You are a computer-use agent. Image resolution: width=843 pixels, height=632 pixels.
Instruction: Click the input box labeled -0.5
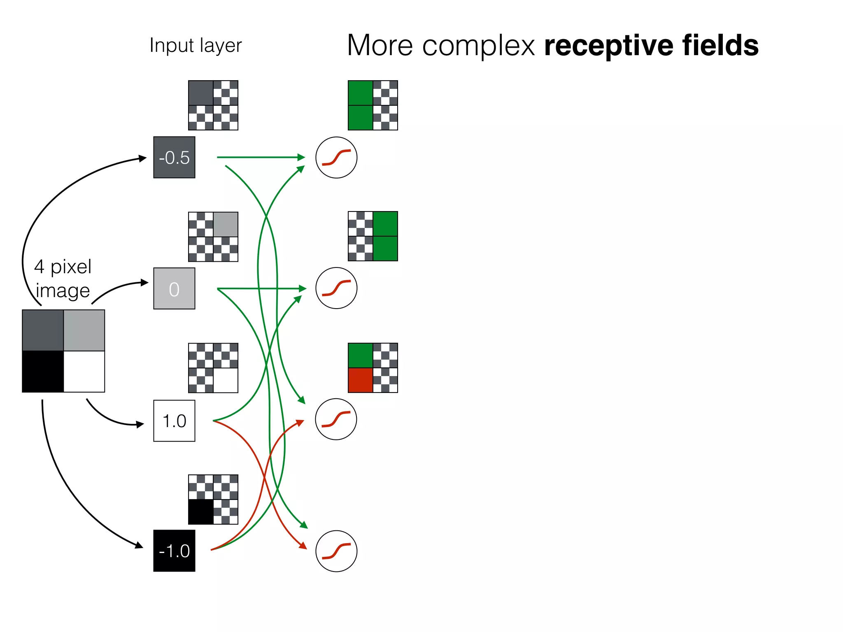(174, 157)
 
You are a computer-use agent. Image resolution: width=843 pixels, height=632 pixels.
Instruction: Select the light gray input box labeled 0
(174, 288)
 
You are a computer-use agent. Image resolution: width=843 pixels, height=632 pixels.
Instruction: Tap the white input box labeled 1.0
(174, 421)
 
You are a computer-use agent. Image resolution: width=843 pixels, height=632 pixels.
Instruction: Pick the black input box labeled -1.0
(174, 551)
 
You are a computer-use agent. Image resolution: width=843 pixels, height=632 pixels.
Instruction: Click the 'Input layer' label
(196, 45)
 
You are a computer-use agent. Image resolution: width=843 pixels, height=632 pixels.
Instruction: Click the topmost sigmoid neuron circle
(336, 158)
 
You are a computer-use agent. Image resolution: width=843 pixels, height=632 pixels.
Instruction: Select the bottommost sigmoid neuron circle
(336, 551)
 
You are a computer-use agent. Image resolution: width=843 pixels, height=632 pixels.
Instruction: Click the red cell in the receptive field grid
(360, 380)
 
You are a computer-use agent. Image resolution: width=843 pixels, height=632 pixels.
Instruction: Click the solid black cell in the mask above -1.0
(200, 512)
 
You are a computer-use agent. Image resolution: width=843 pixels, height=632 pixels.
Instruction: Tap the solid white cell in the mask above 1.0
(226, 380)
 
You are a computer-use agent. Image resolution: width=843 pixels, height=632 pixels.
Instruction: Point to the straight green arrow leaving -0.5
(259, 157)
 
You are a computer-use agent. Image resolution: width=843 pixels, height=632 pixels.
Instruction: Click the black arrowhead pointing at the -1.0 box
(140, 546)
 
